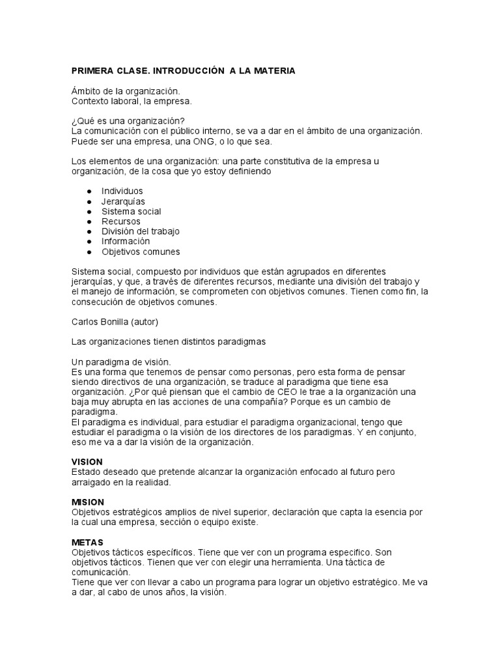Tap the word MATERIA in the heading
(x=273, y=70)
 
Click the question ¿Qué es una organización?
(x=128, y=121)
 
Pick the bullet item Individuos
(x=122, y=192)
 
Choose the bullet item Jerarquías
(x=123, y=201)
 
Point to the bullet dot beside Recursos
(x=89, y=222)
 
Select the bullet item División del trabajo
(x=141, y=231)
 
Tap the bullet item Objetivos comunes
(x=141, y=252)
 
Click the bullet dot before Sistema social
(x=89, y=212)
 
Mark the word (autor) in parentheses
(x=145, y=322)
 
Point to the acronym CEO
(x=273, y=392)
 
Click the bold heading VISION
(x=87, y=462)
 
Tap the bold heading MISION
(x=88, y=502)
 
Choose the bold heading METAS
(x=87, y=543)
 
